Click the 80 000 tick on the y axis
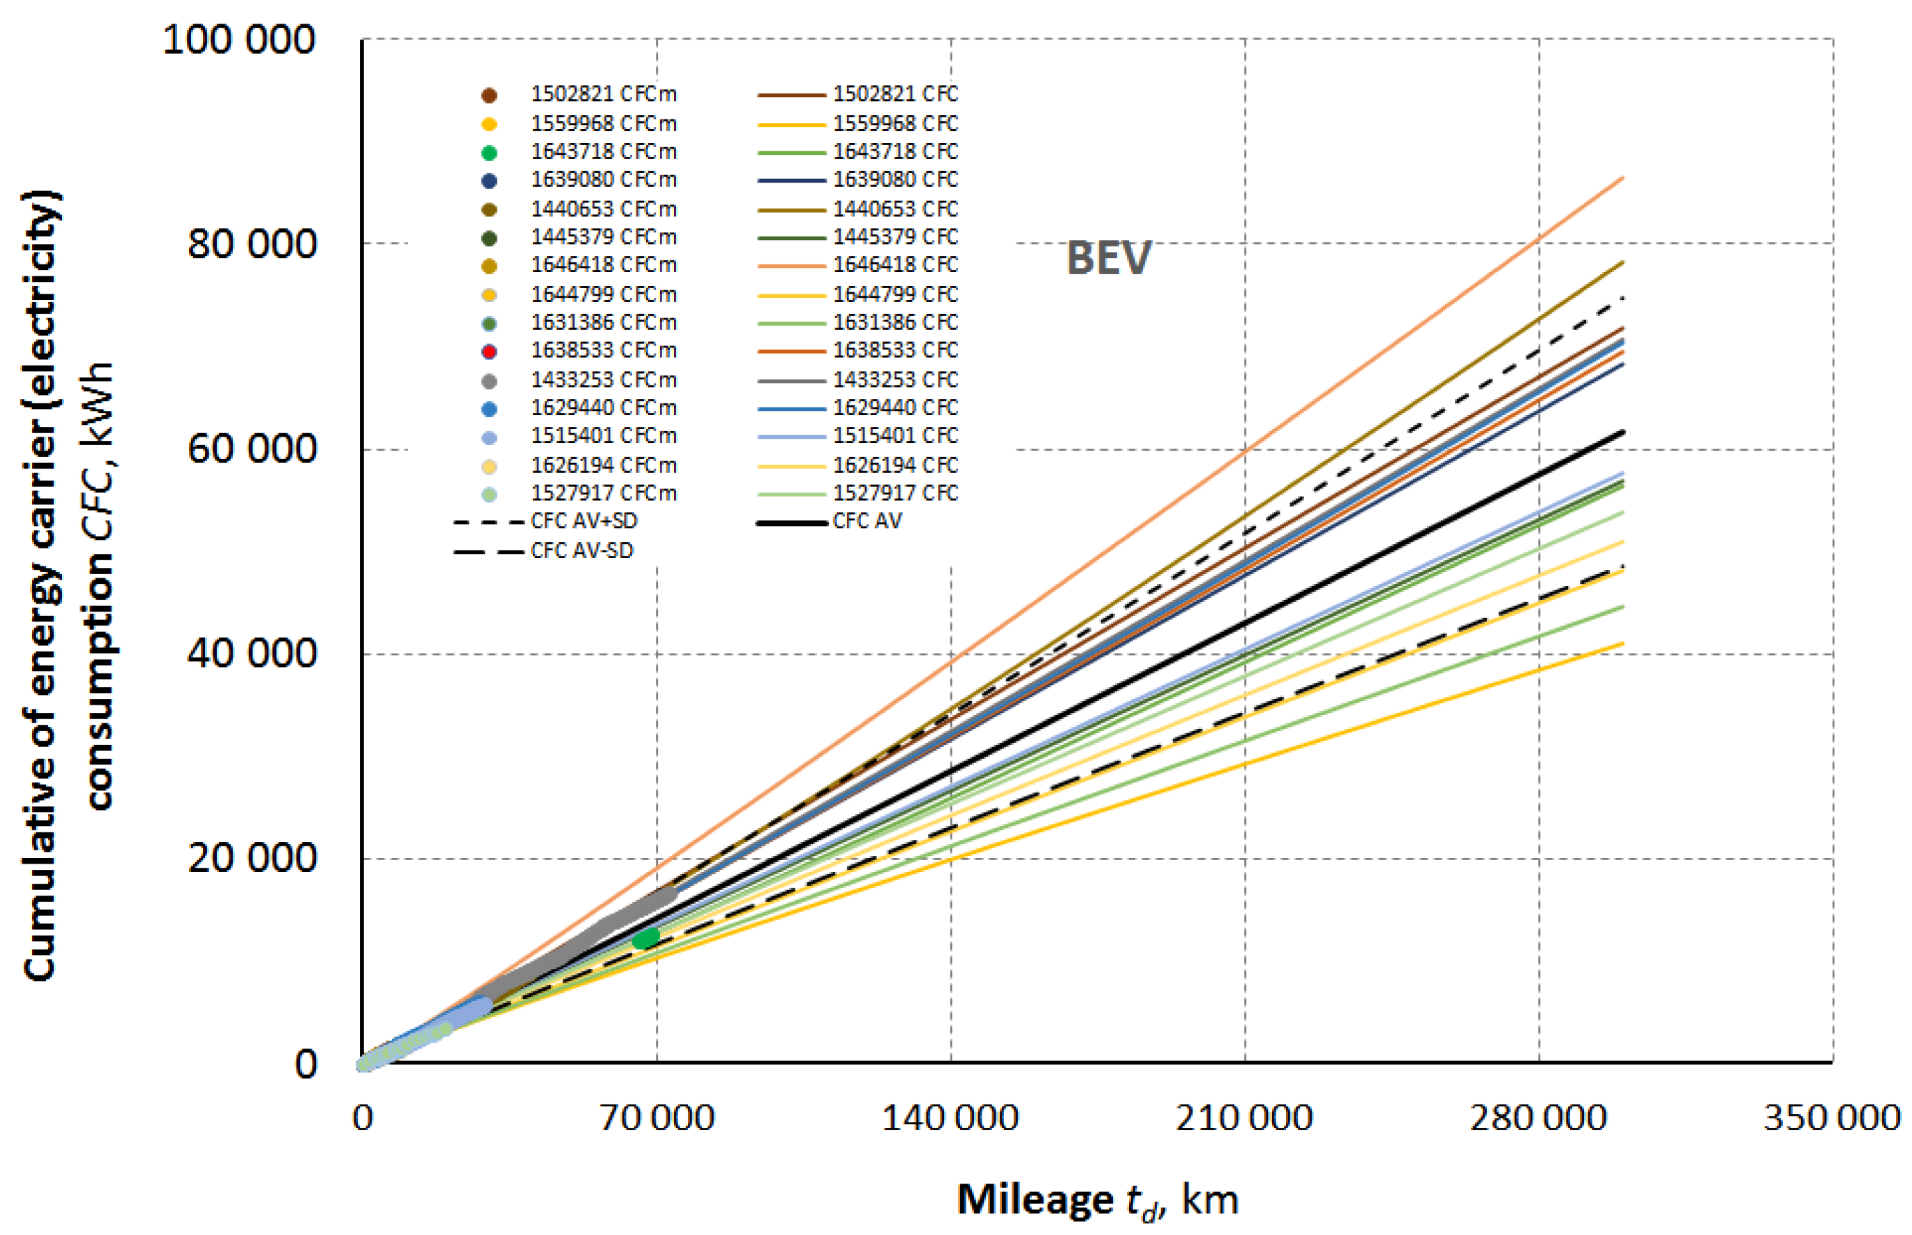click(x=251, y=244)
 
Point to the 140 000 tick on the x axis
click(x=950, y=1118)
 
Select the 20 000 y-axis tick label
click(x=251, y=858)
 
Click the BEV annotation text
click(x=1108, y=259)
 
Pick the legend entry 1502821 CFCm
click(x=602, y=94)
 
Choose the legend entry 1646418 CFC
click(x=895, y=264)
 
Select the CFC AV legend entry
click(x=866, y=521)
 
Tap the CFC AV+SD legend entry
click(x=584, y=521)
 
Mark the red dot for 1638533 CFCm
click(x=488, y=351)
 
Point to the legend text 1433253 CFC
click(x=895, y=379)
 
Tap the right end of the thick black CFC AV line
click(x=1622, y=432)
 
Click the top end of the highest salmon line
click(x=1622, y=178)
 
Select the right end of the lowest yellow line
click(x=1622, y=643)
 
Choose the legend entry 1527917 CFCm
click(x=602, y=493)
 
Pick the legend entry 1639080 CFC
click(x=895, y=180)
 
